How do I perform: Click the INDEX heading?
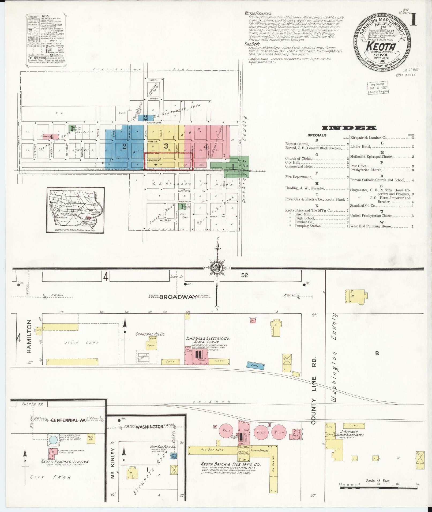point(349,128)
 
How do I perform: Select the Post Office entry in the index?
point(358,166)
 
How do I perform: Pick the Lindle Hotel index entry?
point(360,147)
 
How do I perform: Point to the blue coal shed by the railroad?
point(255,365)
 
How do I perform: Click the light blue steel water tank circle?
point(53,439)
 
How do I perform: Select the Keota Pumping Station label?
point(65,461)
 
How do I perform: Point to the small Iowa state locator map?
point(75,210)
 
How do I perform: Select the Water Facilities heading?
point(258,14)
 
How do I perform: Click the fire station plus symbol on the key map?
point(156,164)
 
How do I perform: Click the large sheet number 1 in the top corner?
point(414,19)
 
